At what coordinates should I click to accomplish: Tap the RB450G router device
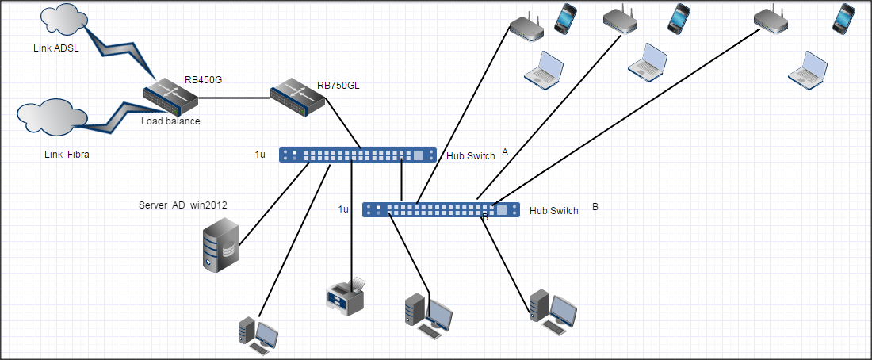pyautogui.click(x=170, y=96)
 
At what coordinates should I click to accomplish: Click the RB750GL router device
pyautogui.click(x=297, y=98)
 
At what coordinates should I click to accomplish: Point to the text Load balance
pyautogui.click(x=170, y=122)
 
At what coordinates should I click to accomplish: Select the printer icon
pyautogui.click(x=346, y=297)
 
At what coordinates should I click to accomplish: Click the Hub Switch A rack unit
pyautogui.click(x=358, y=155)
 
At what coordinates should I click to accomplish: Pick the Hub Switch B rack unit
pyautogui.click(x=441, y=210)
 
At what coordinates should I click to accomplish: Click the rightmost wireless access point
pyautogui.click(x=771, y=22)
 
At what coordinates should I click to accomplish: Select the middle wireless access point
pyautogui.click(x=620, y=22)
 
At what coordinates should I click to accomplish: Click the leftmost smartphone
pyautogui.click(x=565, y=18)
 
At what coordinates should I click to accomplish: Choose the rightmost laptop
pyautogui.click(x=808, y=68)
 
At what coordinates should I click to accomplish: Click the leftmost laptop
pyautogui.click(x=544, y=68)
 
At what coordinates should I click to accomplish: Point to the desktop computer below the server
pyautogui.click(x=258, y=334)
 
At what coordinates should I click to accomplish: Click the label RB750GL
pyautogui.click(x=338, y=86)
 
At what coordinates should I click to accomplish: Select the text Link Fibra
pyautogui.click(x=67, y=155)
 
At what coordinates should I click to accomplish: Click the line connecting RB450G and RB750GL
pyautogui.click(x=233, y=98)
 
